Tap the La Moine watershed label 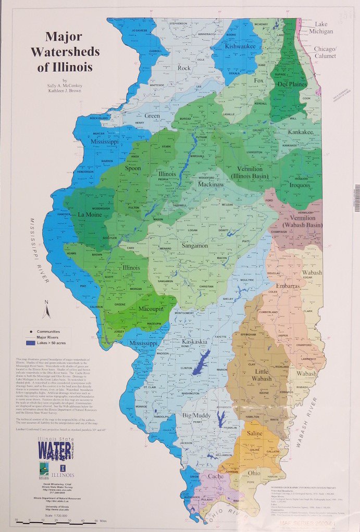tap(90, 214)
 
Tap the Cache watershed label tap(216, 476)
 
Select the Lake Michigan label tap(324, 28)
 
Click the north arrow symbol tap(46, 311)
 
